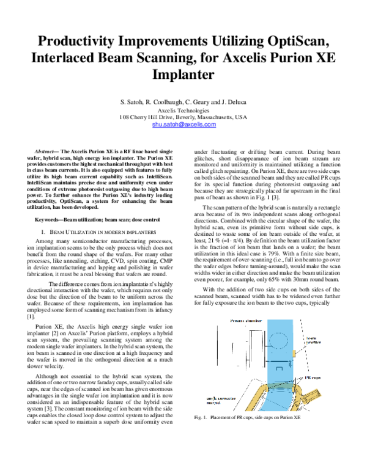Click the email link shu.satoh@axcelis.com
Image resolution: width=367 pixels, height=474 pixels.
(x=183, y=124)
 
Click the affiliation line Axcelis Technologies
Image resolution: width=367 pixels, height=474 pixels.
(x=183, y=109)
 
